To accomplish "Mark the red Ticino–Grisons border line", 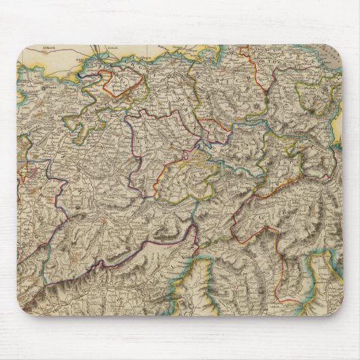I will [x=234, y=224].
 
